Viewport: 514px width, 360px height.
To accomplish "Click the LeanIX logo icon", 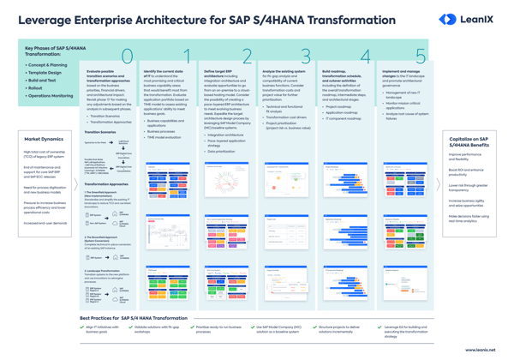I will click(446, 19).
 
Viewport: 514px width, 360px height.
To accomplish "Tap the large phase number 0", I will click(126, 57).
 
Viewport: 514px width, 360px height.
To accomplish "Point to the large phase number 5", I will click(420, 57).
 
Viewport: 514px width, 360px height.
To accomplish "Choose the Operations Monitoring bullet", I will click(51, 96).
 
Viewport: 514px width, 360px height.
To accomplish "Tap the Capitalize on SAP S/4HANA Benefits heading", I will click(470, 141).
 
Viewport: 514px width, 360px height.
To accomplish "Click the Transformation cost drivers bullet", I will click(284, 116).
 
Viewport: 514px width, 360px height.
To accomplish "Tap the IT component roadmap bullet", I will click(343, 118).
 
